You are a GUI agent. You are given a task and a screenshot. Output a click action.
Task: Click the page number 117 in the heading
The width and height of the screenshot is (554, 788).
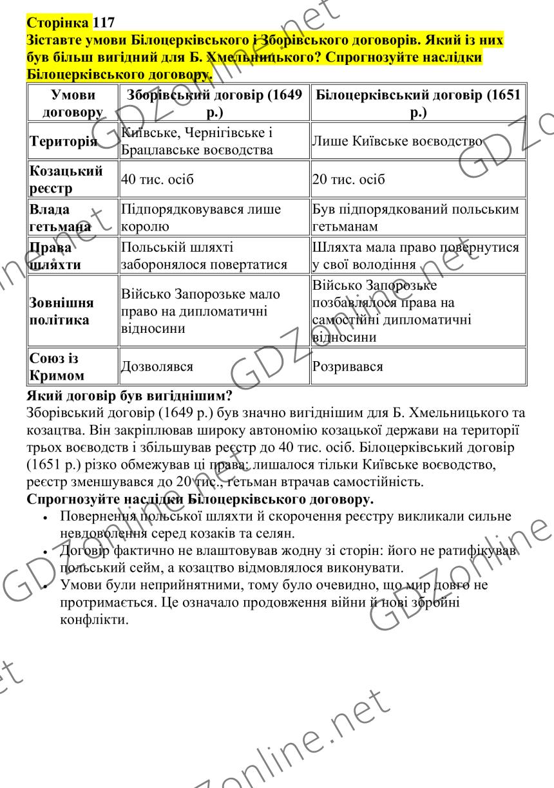(x=104, y=23)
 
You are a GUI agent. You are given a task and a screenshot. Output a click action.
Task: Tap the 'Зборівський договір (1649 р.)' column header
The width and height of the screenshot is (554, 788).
(x=215, y=104)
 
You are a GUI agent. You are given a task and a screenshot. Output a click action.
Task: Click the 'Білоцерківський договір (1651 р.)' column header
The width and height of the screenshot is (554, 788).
(x=415, y=104)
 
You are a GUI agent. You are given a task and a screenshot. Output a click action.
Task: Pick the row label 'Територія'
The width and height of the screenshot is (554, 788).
(x=62, y=142)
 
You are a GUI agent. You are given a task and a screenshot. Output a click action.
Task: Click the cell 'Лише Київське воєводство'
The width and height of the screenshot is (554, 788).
(x=397, y=142)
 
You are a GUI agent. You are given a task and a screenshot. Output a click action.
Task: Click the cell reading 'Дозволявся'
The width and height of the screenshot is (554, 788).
(x=157, y=366)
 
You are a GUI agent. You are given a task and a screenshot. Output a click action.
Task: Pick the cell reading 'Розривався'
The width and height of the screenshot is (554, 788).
(x=347, y=366)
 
